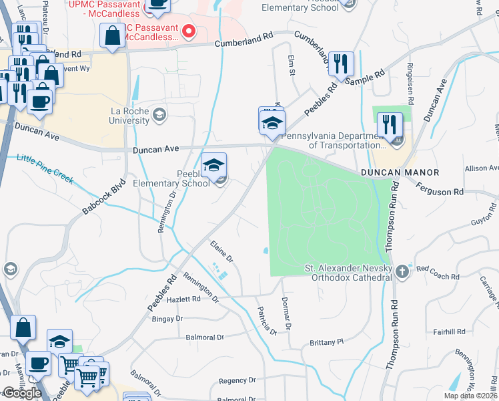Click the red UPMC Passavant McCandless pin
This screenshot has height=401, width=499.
(189, 31)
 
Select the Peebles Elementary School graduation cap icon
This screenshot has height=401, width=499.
(213, 166)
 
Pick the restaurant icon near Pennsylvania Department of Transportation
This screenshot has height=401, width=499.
(388, 125)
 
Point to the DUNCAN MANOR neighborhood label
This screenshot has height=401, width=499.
(400, 172)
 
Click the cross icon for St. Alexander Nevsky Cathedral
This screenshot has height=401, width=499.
(401, 271)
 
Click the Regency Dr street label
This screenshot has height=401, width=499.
(233, 381)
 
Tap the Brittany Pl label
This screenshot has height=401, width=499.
(326, 342)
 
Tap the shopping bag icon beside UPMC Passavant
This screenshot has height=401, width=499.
(111, 36)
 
